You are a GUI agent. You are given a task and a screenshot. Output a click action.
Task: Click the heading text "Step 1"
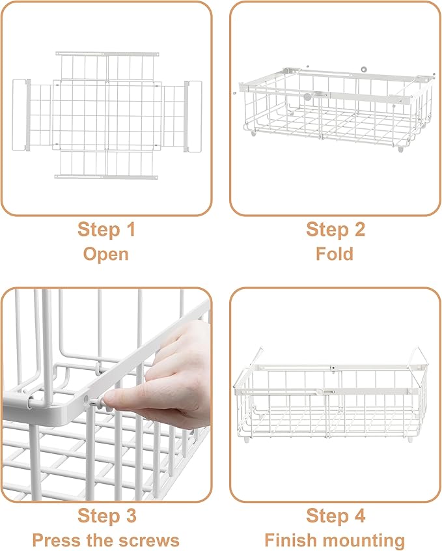click(107, 229)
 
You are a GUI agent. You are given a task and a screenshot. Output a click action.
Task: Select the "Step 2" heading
click(335, 229)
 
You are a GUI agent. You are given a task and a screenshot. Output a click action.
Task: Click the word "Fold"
click(335, 253)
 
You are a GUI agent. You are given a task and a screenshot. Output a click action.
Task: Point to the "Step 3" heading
click(107, 516)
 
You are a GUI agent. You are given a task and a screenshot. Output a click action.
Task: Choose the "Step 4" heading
click(335, 516)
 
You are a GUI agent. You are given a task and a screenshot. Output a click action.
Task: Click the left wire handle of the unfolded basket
click(21, 115)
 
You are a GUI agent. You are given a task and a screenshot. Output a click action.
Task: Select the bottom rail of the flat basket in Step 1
click(107, 176)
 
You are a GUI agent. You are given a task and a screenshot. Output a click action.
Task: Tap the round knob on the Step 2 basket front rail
click(307, 96)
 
